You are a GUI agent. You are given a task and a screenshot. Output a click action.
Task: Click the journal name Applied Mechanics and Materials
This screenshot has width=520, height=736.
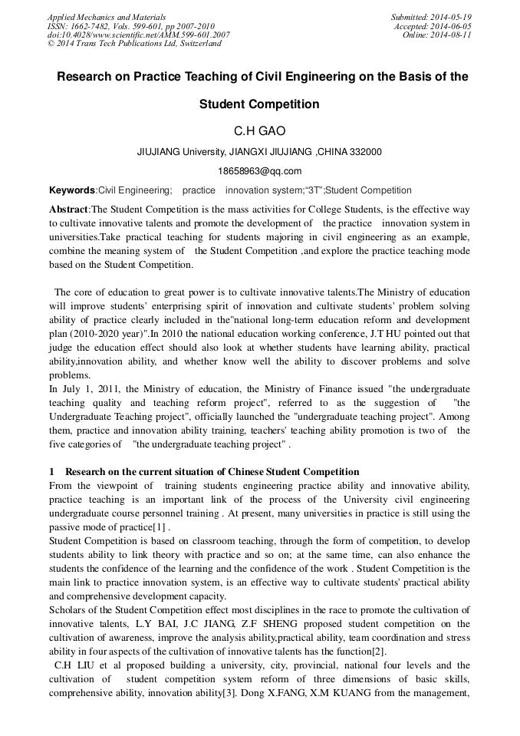point(107,16)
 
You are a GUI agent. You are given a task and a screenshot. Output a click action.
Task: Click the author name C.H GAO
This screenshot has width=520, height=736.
point(259,130)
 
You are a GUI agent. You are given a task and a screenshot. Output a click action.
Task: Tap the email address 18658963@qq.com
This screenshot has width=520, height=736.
point(259,171)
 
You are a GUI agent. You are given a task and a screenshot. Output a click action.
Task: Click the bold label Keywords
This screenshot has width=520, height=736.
point(72,190)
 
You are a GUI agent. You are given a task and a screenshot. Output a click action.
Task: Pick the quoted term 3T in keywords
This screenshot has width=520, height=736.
point(313,190)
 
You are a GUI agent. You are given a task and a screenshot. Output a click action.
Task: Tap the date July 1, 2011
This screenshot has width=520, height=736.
point(90,389)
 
